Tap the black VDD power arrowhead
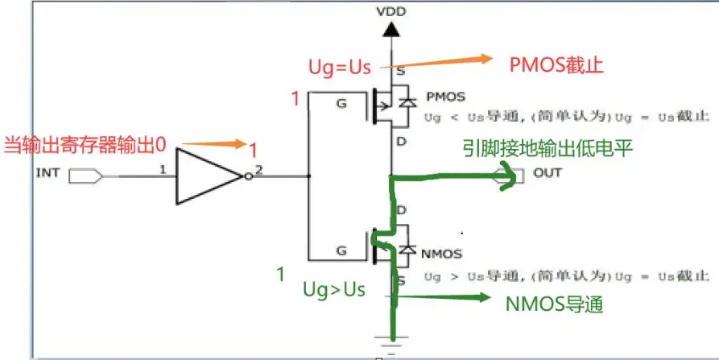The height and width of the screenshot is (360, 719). (390, 31)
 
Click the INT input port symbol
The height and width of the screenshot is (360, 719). (85, 173)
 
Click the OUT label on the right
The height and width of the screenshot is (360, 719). (548, 173)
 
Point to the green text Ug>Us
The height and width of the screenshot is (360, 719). (333, 290)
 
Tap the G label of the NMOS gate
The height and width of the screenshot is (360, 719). (341, 250)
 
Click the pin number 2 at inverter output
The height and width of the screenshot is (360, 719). (258, 169)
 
